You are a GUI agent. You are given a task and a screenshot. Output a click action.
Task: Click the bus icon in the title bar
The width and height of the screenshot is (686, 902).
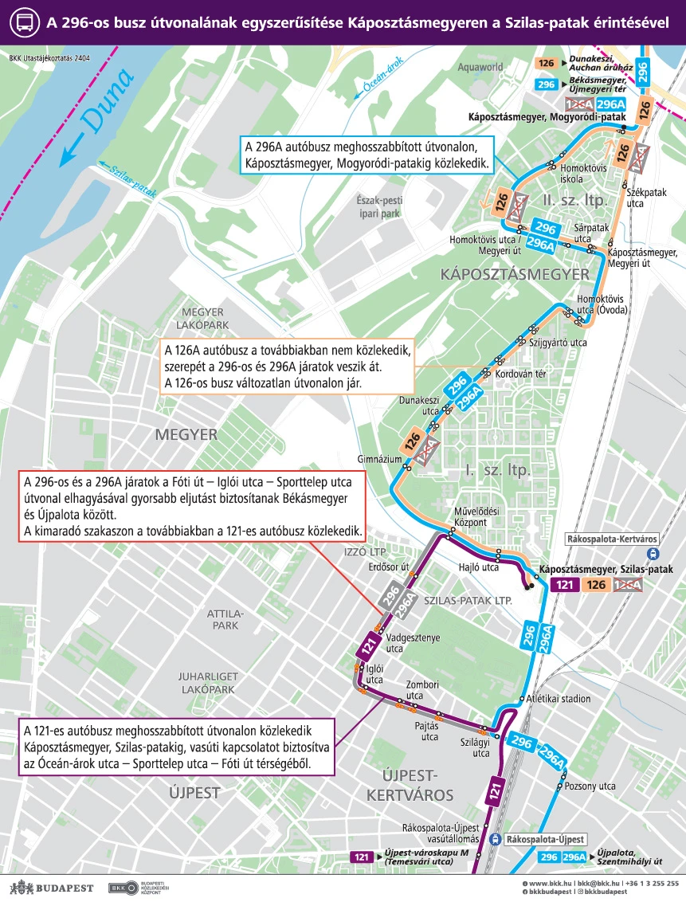[23, 22]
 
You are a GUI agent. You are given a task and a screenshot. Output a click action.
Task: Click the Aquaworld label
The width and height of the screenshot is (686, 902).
[481, 68]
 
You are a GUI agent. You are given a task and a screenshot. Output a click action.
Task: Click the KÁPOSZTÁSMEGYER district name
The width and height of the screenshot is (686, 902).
[514, 274]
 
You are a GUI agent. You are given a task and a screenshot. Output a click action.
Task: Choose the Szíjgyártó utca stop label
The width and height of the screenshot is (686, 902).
[558, 343]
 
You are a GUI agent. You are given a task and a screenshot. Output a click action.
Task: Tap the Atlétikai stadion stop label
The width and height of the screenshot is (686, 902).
[559, 699]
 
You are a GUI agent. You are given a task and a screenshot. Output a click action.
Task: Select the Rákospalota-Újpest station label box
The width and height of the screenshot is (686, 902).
[546, 839]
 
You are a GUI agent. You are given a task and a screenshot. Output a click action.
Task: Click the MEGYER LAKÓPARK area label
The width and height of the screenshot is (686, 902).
[205, 318]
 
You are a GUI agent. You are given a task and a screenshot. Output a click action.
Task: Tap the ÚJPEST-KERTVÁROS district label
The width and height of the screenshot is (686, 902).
[410, 784]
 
